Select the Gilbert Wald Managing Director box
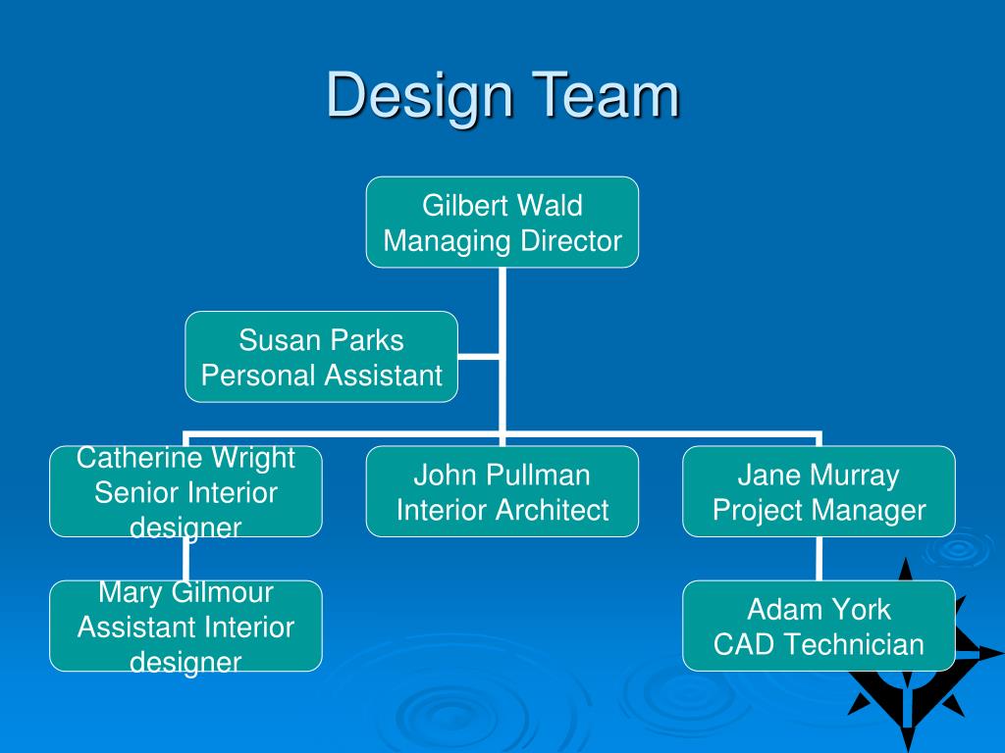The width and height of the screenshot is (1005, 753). [502, 223]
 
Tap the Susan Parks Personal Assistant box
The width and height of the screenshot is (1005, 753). [322, 357]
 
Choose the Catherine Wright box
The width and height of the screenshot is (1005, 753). [185, 491]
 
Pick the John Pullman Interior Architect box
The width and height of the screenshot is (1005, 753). [502, 491]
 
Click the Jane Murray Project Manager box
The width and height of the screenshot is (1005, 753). [819, 491]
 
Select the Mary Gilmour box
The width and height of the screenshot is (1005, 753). [185, 626]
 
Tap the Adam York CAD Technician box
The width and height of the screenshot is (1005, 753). [819, 626]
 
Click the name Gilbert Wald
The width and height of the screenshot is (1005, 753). [502, 205]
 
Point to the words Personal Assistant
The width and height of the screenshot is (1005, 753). [322, 376]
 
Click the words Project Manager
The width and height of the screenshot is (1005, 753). [819, 510]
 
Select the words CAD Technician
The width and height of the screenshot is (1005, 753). [819, 644]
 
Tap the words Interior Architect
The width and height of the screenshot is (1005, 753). [502, 510]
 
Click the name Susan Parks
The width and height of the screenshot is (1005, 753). [322, 340]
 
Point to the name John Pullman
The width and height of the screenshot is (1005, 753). [502, 476]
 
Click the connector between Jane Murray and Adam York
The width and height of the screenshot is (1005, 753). [819, 559]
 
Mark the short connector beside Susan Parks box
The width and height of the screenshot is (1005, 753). [479, 357]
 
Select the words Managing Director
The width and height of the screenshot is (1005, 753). [502, 240]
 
